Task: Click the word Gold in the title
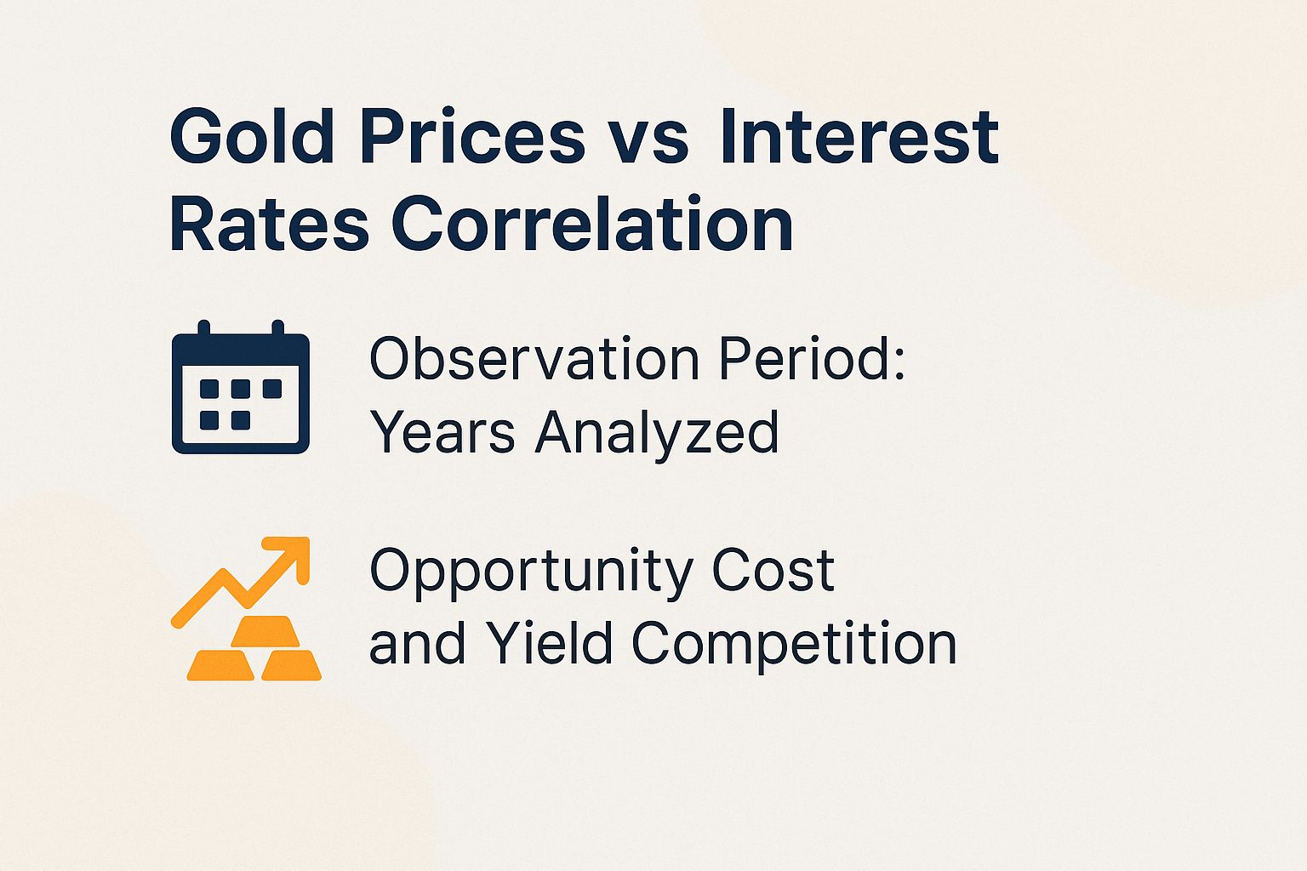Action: coord(253,136)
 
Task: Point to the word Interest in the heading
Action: coord(859,136)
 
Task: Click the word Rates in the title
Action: coord(269,225)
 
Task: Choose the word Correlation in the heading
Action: coord(592,225)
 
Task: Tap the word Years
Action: coord(442,431)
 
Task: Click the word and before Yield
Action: coord(417,644)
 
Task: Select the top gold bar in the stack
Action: coord(265,631)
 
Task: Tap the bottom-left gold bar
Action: coord(220,665)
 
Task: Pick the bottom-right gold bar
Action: coord(291,665)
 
